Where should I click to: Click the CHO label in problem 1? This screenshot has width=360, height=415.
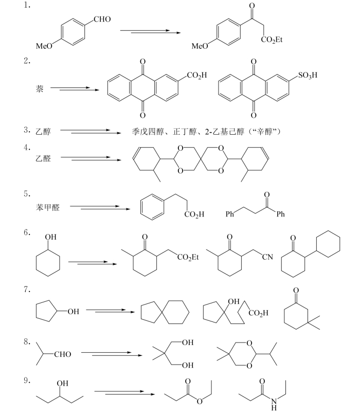coord(102,19)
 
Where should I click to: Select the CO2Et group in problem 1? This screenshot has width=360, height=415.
coord(272,40)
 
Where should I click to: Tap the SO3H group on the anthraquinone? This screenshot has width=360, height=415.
coord(308,76)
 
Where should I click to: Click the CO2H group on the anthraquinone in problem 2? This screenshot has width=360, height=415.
coord(197,76)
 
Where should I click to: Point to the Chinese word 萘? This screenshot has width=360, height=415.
coord(40,88)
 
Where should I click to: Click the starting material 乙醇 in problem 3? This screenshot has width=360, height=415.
coord(43,131)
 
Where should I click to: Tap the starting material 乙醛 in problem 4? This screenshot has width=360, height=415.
coord(43,158)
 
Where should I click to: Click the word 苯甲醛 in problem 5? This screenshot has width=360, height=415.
coord(48,207)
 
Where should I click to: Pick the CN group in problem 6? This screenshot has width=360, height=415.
coord(267,257)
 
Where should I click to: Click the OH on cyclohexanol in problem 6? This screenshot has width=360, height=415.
coord(50,237)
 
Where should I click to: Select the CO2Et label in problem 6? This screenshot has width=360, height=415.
coord(188,257)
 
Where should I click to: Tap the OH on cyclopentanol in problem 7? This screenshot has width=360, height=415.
coord(74,312)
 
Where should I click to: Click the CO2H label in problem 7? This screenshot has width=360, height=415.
coord(258,313)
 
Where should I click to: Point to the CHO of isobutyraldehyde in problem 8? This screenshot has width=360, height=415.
coord(63,354)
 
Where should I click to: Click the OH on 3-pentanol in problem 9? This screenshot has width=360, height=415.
coord(62,383)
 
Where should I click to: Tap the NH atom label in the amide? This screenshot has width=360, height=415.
coord(274,404)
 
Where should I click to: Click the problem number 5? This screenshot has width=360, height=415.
coord(27,194)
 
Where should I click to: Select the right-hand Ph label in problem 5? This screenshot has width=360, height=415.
coord(281,214)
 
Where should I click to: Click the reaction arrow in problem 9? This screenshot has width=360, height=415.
coord(124,393)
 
